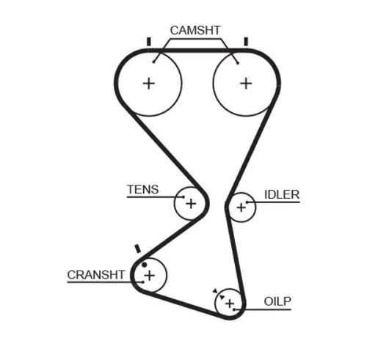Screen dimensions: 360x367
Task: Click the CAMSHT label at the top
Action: click(195, 30)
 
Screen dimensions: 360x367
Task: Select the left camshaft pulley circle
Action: click(149, 83)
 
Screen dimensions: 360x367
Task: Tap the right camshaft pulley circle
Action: click(244, 83)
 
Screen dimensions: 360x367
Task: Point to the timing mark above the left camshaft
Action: click(149, 41)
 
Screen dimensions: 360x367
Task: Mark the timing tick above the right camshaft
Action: click(245, 41)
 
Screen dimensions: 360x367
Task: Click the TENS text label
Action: click(142, 189)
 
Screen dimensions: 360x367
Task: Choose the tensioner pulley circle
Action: click(190, 203)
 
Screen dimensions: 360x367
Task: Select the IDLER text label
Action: click(282, 194)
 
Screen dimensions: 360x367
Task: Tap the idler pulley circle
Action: click(240, 207)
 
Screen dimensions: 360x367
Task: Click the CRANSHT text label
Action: click(97, 274)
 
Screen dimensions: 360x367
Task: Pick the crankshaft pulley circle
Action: click(150, 276)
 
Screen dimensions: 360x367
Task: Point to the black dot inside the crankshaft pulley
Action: click(145, 264)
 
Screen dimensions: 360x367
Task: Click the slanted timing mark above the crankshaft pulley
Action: click(137, 250)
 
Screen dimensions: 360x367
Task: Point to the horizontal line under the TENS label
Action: click(150, 196)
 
